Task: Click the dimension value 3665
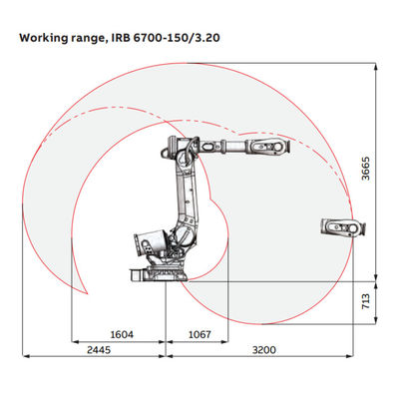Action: click(x=366, y=169)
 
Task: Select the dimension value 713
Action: click(x=366, y=301)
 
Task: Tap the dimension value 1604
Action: click(x=122, y=334)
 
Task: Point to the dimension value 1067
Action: click(x=199, y=334)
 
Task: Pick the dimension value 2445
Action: click(x=99, y=350)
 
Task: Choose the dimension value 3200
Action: click(x=264, y=350)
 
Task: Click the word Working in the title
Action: click(x=43, y=38)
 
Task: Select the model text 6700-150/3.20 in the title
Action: click(x=177, y=38)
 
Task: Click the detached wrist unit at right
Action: click(x=343, y=227)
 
